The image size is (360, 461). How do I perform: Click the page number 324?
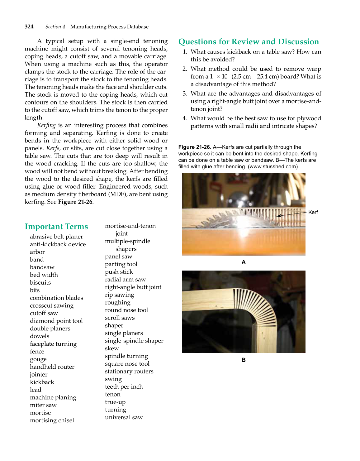point(29,27)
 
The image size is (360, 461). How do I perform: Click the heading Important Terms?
point(56,227)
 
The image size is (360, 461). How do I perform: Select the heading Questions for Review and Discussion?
point(248,42)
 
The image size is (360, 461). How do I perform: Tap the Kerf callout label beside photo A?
point(313,212)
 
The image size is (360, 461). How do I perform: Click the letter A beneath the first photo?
point(243,262)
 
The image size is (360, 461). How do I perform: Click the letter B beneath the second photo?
point(243,360)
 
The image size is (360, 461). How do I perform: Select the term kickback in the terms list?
point(42,382)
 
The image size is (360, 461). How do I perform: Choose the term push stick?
point(119,272)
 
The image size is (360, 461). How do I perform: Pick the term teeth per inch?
point(124,387)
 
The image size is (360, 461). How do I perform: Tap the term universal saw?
point(124,417)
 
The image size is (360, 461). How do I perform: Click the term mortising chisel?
point(52,420)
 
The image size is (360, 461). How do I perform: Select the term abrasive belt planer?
point(56,237)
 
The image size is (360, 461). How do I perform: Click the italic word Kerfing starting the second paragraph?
point(46,125)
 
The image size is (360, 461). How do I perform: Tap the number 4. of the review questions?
point(185,118)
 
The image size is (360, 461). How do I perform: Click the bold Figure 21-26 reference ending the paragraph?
point(75,202)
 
